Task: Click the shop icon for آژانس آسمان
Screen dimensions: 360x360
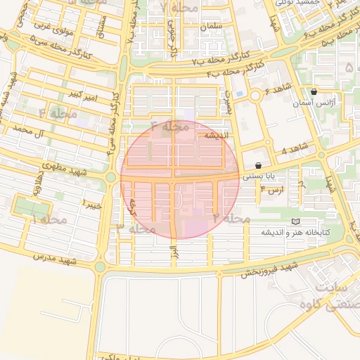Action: click(x=314, y=92)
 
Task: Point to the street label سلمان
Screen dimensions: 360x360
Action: click(x=210, y=27)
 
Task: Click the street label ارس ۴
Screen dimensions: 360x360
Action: click(x=272, y=189)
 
